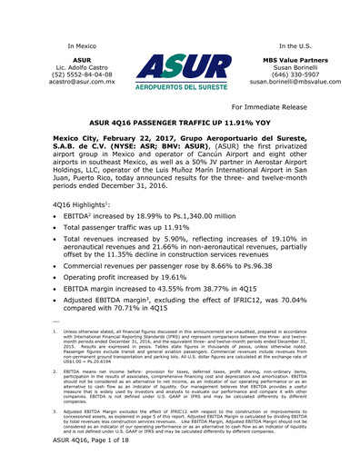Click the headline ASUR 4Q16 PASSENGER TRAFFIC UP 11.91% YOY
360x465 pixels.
[180, 144]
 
